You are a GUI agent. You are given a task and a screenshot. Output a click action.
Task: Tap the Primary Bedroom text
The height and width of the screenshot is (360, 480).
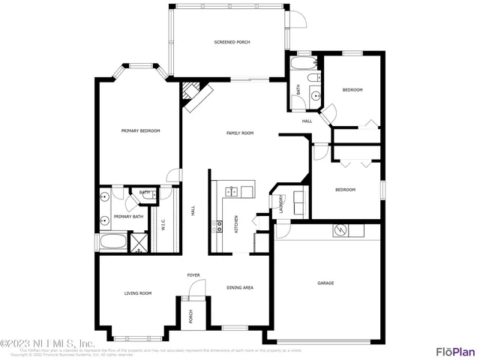[141, 131]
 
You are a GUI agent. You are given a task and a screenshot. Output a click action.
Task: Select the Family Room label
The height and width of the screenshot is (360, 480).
[240, 133]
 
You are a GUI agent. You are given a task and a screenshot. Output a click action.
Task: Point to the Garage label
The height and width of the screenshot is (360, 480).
[325, 283]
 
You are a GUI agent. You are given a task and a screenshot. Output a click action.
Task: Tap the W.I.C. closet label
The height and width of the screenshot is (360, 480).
[163, 224]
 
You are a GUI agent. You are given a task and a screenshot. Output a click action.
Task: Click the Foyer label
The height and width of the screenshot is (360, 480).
[193, 275]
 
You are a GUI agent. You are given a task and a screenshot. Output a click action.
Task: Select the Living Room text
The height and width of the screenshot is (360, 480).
[138, 293]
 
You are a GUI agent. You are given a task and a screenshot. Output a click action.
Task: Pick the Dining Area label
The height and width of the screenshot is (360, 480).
[240, 287]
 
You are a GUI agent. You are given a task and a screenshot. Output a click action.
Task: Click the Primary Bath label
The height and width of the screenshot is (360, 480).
[128, 217]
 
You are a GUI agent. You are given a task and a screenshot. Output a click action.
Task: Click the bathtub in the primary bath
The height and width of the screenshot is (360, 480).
[112, 242]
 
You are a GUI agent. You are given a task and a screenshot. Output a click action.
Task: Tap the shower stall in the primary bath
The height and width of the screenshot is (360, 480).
[138, 243]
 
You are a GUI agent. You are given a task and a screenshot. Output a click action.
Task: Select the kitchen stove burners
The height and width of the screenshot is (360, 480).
[219, 224]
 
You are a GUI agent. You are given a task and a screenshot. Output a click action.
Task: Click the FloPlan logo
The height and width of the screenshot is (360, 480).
[455, 350]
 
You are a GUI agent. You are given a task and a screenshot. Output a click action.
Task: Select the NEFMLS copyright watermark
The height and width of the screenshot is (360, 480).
[46, 344]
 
